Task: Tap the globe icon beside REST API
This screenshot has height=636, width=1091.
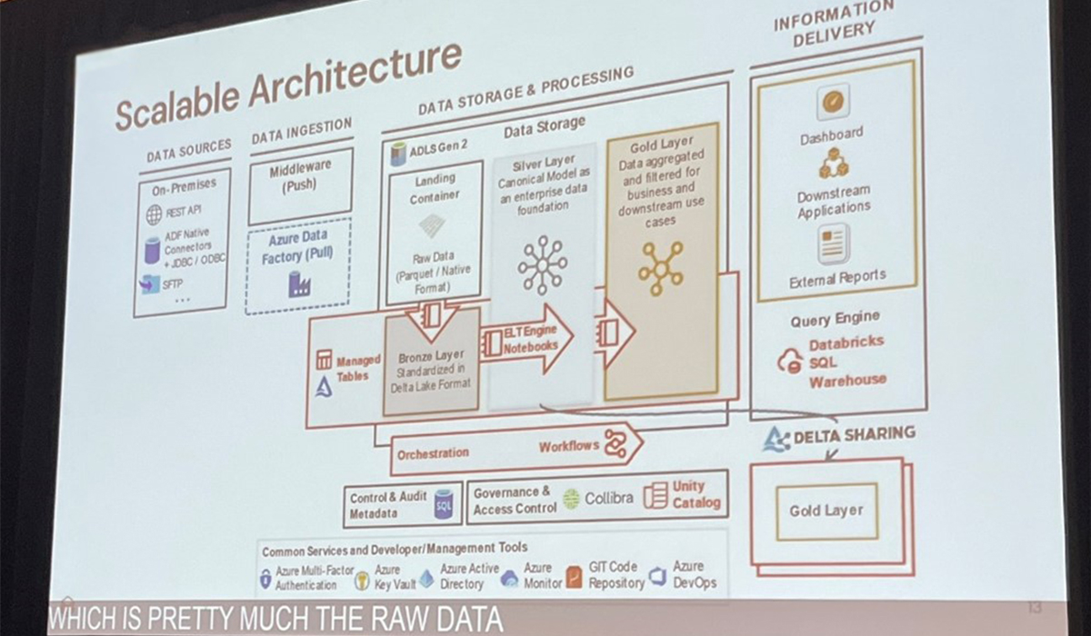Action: pos(154,215)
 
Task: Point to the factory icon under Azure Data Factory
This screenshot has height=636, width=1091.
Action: pos(298,285)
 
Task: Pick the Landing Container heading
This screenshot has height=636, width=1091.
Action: pos(435,187)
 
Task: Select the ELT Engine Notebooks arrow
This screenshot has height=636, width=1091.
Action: pos(527,340)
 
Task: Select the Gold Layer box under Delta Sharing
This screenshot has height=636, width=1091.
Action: pos(826,511)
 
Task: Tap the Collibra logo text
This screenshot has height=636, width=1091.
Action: pos(608,497)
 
